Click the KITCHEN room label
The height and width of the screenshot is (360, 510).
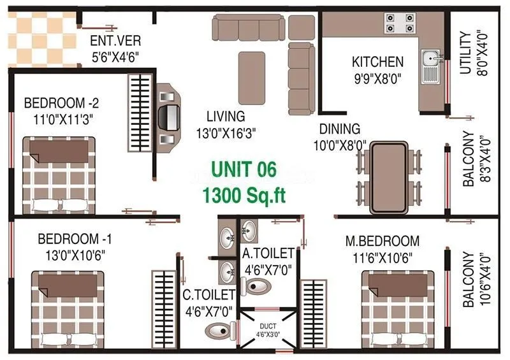coord(377,62)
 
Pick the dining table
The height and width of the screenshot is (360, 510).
coord(389,176)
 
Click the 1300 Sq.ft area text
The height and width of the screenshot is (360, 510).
coord(244,194)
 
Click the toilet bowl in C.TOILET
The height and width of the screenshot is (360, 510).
coord(217,330)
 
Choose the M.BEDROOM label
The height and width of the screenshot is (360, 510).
coord(382,241)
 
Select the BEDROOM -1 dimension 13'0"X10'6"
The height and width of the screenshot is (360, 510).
coord(71,254)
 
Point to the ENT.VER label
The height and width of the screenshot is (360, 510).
coord(115,43)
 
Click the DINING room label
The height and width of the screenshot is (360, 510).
coord(340,129)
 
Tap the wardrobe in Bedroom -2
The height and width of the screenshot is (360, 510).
coord(140,112)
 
